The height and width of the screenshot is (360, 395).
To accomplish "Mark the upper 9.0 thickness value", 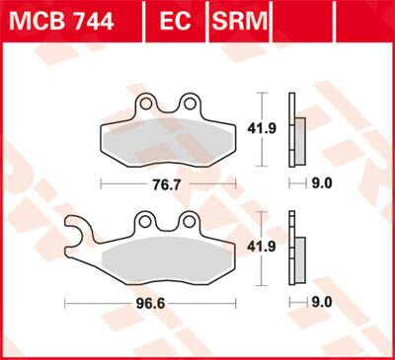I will click(321, 183).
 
